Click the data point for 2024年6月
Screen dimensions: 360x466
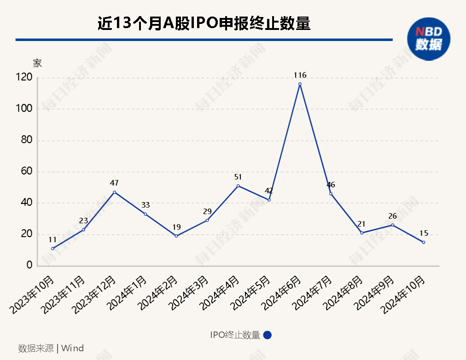tap(300, 84)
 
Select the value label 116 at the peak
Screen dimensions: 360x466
tap(300, 75)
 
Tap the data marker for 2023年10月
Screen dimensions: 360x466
tap(52, 249)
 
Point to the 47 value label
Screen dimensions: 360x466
tap(114, 183)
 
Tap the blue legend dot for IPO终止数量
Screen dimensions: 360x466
tap(268, 335)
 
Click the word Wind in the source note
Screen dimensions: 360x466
tap(72, 348)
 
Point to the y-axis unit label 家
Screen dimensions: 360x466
tap(37, 63)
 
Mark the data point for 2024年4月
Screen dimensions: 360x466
tap(238, 186)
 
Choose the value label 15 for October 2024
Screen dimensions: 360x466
tap(424, 233)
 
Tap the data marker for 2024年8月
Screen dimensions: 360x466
tap(362, 233)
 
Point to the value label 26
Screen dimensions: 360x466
tap(392, 216)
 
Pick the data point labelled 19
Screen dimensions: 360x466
tap(176, 236)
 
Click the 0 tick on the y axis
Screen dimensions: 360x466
tap(29, 266)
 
